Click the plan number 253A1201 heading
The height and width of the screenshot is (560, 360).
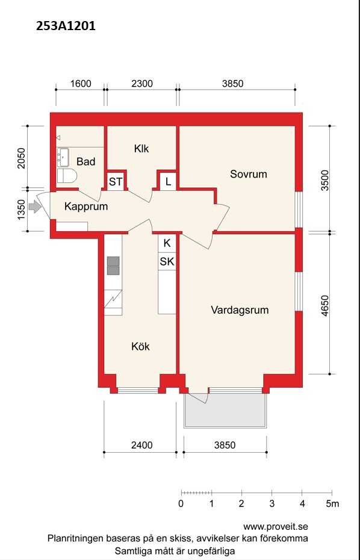[x=66, y=26]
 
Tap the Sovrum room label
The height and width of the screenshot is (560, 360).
[x=249, y=174]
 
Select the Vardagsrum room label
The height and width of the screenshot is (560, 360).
[x=240, y=310]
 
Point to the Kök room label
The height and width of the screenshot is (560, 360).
[x=140, y=346]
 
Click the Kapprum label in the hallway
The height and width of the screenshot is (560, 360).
[x=86, y=207]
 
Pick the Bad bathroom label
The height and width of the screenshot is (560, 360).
[x=86, y=162]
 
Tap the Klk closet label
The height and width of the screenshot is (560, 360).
[x=141, y=149]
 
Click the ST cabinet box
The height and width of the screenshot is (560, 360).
[x=116, y=182]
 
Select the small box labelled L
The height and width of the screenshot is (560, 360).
[x=168, y=182]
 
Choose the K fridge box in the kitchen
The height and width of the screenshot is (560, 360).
[x=167, y=243]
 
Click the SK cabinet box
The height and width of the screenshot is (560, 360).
[x=167, y=261]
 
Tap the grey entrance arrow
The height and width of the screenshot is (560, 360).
[x=35, y=207]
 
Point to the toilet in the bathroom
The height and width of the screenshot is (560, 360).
[x=67, y=176]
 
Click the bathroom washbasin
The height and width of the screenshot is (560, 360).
[x=64, y=158]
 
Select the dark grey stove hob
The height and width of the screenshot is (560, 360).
[x=114, y=266]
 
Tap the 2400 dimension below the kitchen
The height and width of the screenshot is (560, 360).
[x=142, y=445]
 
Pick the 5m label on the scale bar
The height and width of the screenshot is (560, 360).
[x=332, y=504]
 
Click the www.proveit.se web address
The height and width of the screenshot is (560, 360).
[x=275, y=527]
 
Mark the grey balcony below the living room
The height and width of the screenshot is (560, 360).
[x=225, y=410]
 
